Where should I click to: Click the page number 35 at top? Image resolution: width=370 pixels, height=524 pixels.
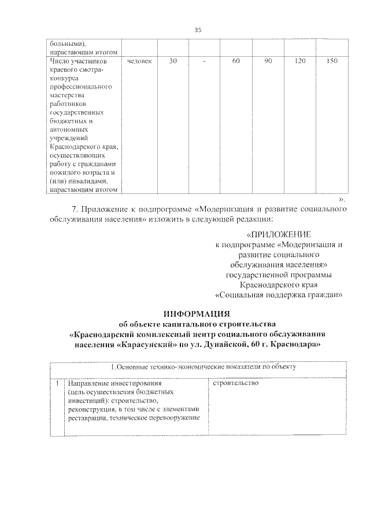pyautogui.click(x=198, y=30)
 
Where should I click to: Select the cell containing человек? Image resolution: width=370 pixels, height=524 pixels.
pyautogui.click(x=139, y=61)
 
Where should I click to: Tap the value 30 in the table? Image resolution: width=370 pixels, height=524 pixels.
pyautogui.click(x=173, y=61)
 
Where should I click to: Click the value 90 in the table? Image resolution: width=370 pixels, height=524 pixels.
pyautogui.click(x=268, y=61)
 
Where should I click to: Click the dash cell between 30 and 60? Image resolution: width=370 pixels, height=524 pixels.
pyautogui.click(x=205, y=61)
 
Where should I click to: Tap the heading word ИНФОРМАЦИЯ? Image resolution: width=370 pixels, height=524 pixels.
pyautogui.click(x=197, y=313)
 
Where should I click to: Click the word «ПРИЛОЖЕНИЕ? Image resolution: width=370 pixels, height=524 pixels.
pyautogui.click(x=279, y=234)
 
